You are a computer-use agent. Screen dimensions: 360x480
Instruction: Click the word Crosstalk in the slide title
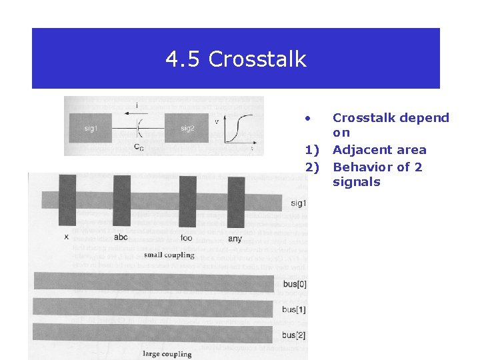tap(257, 60)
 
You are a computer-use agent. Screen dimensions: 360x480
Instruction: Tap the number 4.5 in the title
tap(184, 60)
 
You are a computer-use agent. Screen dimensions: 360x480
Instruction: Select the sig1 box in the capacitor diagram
tap(91, 129)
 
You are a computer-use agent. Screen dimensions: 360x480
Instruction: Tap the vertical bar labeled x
tap(67, 201)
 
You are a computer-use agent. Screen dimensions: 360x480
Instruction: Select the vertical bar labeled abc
tap(121, 201)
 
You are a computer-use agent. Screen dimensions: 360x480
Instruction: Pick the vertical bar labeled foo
tap(187, 201)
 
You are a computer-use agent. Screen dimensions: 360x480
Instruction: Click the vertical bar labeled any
tap(236, 201)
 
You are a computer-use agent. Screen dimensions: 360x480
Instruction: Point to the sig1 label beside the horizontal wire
tap(299, 203)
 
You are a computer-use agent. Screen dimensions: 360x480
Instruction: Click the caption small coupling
tap(169, 255)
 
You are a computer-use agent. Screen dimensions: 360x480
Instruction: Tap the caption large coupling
tap(167, 353)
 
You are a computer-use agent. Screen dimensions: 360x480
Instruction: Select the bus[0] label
tap(294, 285)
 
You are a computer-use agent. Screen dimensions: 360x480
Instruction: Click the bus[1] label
tap(294, 309)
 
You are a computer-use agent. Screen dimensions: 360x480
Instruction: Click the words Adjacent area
tap(379, 150)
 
